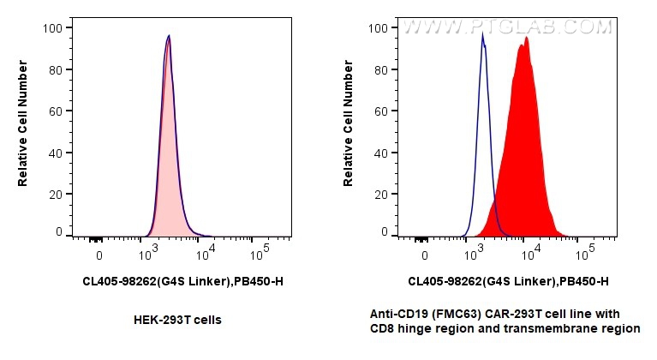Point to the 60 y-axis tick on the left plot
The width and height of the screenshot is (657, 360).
pyautogui.click(x=53, y=111)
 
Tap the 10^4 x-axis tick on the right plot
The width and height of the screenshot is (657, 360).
pyautogui.click(x=530, y=255)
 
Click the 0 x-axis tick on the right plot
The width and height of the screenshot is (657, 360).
pyautogui.click(x=424, y=255)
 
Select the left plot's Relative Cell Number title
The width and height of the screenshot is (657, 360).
pyautogui.click(x=23, y=129)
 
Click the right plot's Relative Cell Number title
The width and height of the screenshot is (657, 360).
pyautogui.click(x=349, y=129)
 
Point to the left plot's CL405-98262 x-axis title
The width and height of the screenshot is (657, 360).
pyautogui.click(x=182, y=280)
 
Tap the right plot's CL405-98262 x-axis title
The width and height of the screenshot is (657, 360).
pyautogui.click(x=508, y=280)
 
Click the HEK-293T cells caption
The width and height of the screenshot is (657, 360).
pyautogui.click(x=178, y=320)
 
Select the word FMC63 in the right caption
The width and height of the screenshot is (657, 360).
pyautogui.click(x=474, y=314)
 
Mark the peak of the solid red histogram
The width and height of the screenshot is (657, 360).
pyautogui.click(x=526, y=38)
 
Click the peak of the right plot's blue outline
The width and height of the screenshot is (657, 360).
pyautogui.click(x=482, y=35)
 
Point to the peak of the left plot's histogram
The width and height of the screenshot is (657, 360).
pyautogui.click(x=169, y=36)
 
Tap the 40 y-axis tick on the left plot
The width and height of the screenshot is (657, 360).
pyautogui.click(x=53, y=153)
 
